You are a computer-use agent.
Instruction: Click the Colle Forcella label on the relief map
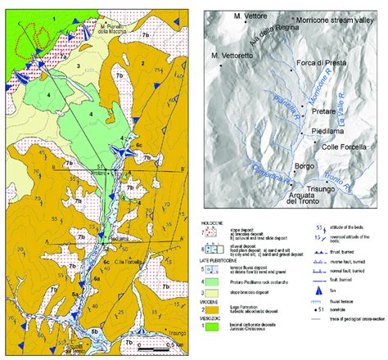(x=334, y=148)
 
